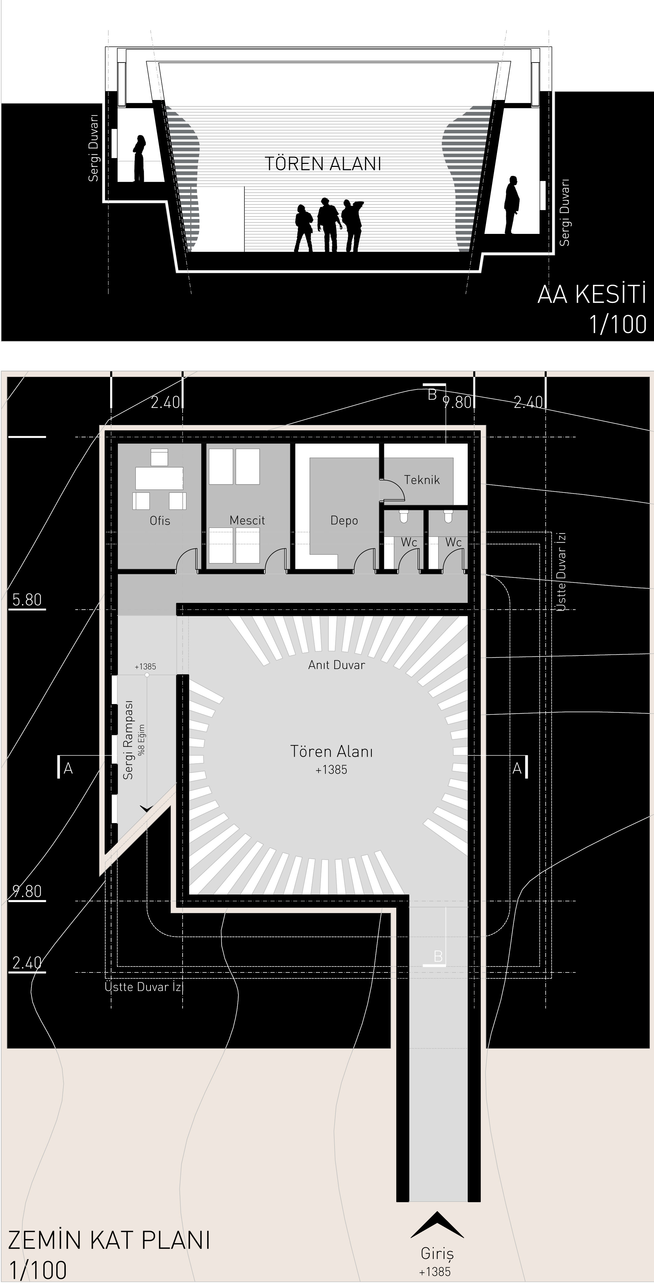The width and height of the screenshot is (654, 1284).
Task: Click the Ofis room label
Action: (160, 521)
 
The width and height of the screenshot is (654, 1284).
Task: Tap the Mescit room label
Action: (247, 520)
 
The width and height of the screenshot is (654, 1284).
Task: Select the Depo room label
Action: (344, 521)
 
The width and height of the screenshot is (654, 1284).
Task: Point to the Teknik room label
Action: (422, 480)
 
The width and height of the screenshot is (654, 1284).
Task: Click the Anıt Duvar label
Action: (336, 665)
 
